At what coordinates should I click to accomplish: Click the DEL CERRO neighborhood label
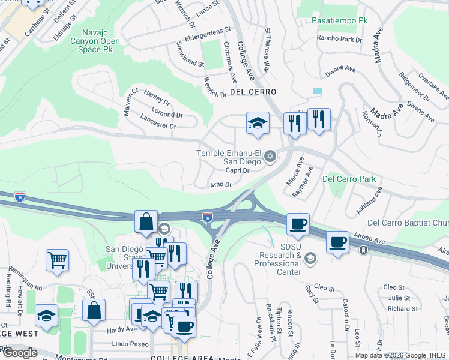[253, 92]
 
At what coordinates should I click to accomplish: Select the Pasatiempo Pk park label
[339, 20]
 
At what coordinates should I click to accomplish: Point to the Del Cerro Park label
[349, 179]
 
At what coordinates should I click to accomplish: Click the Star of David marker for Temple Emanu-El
[270, 157]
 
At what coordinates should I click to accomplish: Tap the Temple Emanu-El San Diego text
[229, 157]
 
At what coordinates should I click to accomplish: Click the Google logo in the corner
[19, 353]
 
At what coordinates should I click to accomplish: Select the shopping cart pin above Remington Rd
[58, 261]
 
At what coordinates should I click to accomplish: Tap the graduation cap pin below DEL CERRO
[258, 123]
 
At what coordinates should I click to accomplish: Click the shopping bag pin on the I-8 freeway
[146, 221]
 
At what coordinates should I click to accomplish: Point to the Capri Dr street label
[237, 170]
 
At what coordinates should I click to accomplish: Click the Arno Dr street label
[221, 184]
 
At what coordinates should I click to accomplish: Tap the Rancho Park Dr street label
[340, 40]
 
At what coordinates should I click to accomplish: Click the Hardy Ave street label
[122, 329]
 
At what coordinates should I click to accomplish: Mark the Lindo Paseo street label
[130, 345]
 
